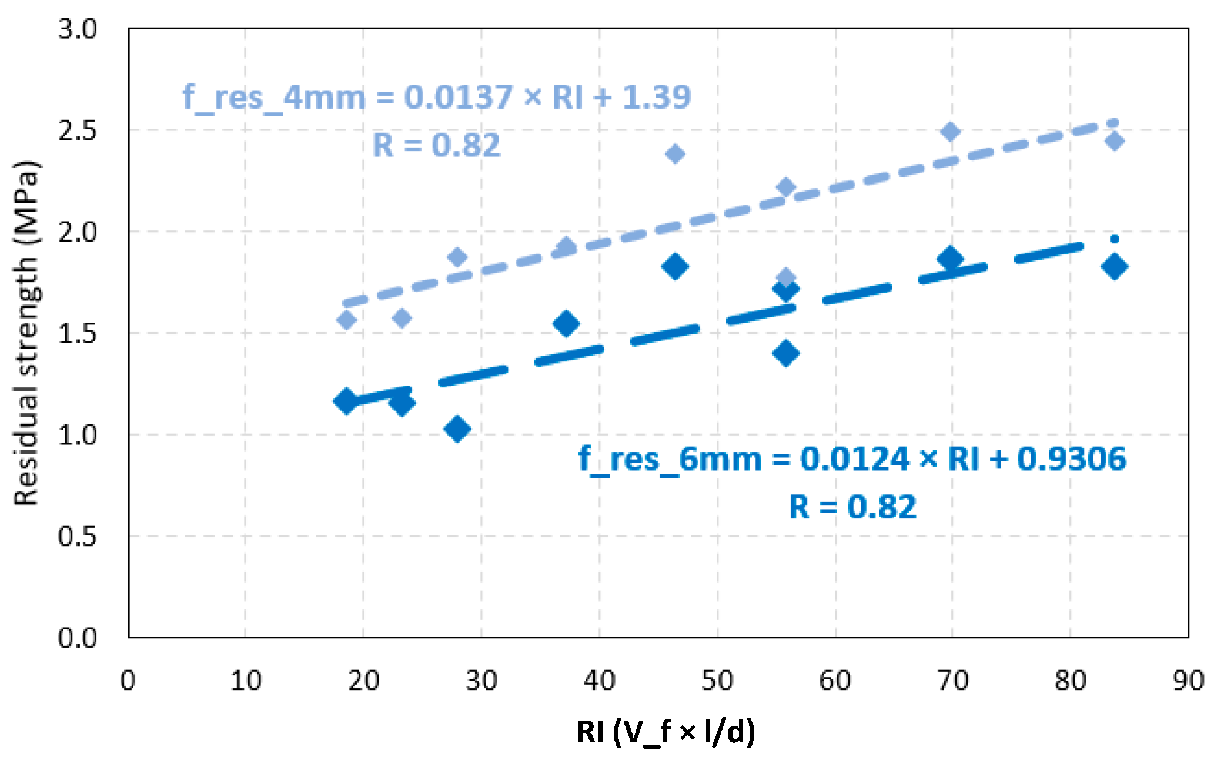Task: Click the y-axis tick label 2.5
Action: coord(77,130)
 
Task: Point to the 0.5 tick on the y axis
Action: coord(77,537)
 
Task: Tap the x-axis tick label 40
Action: coord(599,681)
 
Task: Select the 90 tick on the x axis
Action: coord(1188,681)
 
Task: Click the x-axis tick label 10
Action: coord(246,681)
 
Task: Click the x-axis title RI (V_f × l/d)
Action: coord(665,732)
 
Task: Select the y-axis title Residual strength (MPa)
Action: coord(26,333)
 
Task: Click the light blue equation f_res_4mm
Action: coord(436,97)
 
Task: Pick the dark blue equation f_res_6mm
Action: coord(852,458)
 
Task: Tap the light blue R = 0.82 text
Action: coord(436,145)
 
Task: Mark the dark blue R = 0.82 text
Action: coord(852,507)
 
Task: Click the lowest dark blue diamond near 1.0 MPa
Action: coord(457,428)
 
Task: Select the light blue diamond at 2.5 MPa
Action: coord(950,132)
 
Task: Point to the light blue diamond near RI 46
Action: coord(675,154)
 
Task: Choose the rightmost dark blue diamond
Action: coord(1114,266)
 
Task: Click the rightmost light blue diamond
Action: coord(1114,141)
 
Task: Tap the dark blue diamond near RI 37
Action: coord(567,323)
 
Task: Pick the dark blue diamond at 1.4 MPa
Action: coord(786,353)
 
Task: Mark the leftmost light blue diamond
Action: coord(347,320)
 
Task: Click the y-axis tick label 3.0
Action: coord(77,29)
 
